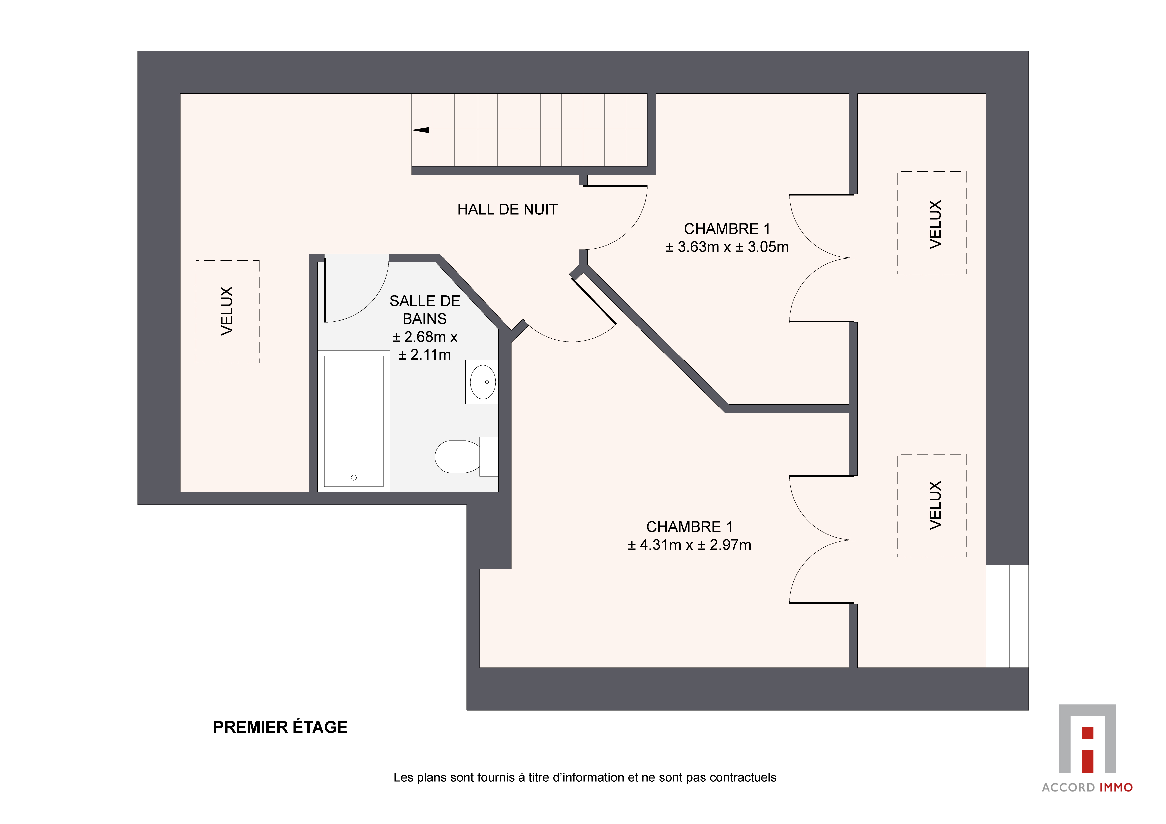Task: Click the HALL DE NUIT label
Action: click(x=507, y=209)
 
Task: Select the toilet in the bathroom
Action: click(x=466, y=457)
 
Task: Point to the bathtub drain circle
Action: click(x=354, y=478)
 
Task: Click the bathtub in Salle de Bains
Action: click(x=354, y=421)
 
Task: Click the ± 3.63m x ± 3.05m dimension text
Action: click(x=727, y=247)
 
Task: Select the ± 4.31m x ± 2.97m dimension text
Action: click(x=689, y=545)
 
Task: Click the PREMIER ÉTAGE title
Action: click(x=280, y=727)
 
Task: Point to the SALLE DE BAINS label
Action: click(x=424, y=310)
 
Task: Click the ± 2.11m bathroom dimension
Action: click(x=424, y=355)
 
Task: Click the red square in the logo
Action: click(x=1087, y=733)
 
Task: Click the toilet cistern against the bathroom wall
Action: click(x=489, y=457)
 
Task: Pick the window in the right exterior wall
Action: click(x=1007, y=616)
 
